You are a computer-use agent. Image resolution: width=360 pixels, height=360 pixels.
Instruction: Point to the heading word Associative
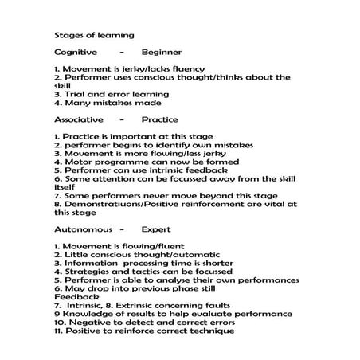(78, 119)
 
